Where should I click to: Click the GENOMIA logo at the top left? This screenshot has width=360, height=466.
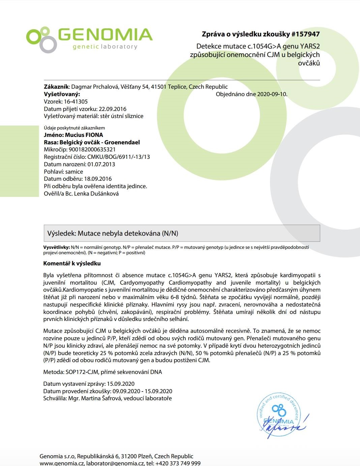(x=89, y=39)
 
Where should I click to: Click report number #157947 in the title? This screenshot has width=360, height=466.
(x=305, y=34)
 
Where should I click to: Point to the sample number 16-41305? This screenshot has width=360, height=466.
(x=76, y=101)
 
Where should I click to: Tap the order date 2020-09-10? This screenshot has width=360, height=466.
(x=272, y=94)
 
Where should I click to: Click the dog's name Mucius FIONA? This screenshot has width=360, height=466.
(x=84, y=135)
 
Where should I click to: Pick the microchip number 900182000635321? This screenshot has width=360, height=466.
(x=92, y=150)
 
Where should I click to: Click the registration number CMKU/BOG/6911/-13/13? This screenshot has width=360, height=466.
(x=119, y=157)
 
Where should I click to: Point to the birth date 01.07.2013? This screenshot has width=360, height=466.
(x=101, y=165)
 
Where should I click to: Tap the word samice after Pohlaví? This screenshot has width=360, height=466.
(x=74, y=172)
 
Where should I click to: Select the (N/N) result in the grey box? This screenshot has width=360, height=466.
(x=170, y=233)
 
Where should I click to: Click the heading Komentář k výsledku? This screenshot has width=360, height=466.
(x=72, y=263)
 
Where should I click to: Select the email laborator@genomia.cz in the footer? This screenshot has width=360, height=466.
(x=115, y=463)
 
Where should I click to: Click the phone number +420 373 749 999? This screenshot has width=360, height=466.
(x=179, y=463)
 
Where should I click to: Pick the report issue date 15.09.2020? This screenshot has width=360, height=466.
(x=121, y=384)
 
